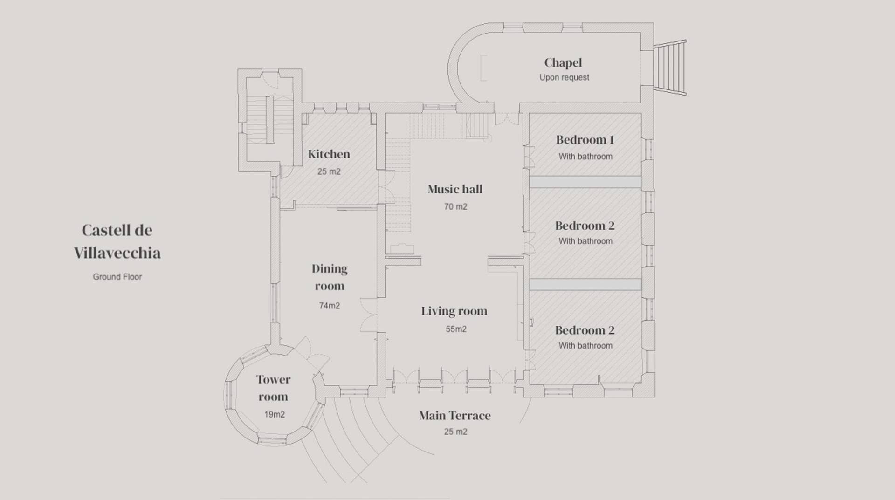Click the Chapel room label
pyautogui.click(x=563, y=63)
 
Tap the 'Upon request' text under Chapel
pyautogui.click(x=564, y=77)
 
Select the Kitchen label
pyautogui.click(x=329, y=154)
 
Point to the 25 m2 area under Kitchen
pyautogui.click(x=329, y=171)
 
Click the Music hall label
pyautogui.click(x=455, y=189)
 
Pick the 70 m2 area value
pyautogui.click(x=455, y=206)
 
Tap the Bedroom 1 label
pyautogui.click(x=585, y=140)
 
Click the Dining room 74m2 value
pyautogui.click(x=330, y=306)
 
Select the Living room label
pyautogui.click(x=454, y=311)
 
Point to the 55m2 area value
pyautogui.click(x=456, y=329)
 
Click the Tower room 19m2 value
pyautogui.click(x=275, y=414)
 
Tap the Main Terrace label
pyautogui.click(x=455, y=416)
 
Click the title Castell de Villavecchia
pyautogui.click(x=117, y=241)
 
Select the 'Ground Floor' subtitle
pyautogui.click(x=117, y=277)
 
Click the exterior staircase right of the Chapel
pyautogui.click(x=670, y=68)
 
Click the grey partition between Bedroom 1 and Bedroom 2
pyautogui.click(x=585, y=182)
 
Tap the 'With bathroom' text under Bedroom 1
pyautogui.click(x=585, y=157)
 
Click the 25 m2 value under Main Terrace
pyautogui.click(x=455, y=432)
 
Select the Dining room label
pyautogui.click(x=330, y=277)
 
